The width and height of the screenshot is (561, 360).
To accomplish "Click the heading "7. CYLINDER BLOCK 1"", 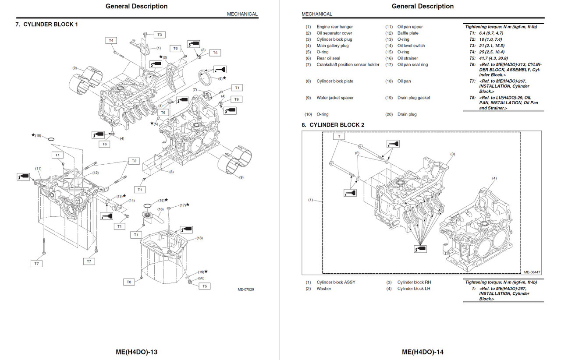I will click(x=47, y=25).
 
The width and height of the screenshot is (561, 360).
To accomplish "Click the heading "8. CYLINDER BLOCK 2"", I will click(x=333, y=125).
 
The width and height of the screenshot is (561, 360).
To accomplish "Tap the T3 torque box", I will click(x=159, y=35).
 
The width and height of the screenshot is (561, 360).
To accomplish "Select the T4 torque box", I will click(x=111, y=40).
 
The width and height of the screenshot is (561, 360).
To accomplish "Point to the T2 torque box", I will click(x=134, y=161).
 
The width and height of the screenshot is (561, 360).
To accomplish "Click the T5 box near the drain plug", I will click(x=204, y=286).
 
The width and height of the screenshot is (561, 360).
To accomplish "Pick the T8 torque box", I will click(x=129, y=282).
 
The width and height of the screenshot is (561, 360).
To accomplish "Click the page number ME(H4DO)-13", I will click(x=137, y=352).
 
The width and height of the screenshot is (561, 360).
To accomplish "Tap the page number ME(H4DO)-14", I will click(x=423, y=352).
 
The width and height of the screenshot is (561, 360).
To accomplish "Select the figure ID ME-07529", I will click(x=246, y=289).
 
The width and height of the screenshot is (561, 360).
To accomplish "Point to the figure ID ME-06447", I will click(x=532, y=272).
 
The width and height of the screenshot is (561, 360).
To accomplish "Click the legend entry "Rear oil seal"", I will click(x=328, y=58).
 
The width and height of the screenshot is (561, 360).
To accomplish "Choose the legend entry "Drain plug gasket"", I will click(x=414, y=98).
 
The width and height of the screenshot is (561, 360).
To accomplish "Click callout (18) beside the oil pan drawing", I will click(x=200, y=238).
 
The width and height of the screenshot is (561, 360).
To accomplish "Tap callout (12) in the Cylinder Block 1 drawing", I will click(x=95, y=173).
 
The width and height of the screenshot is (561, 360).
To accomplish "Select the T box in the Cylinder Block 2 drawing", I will click(x=339, y=137).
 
